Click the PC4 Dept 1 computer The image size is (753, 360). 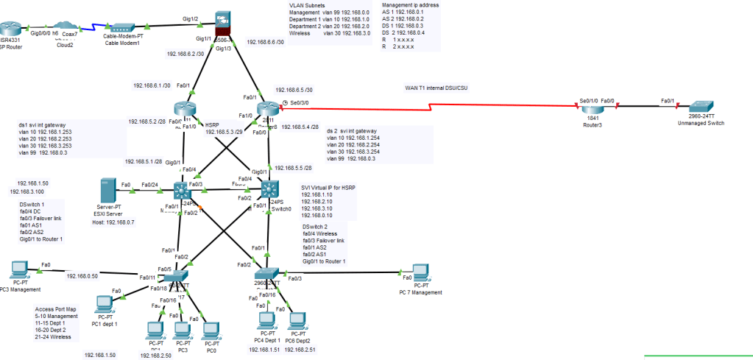tap(265, 320)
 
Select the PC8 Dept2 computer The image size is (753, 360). tap(296, 320)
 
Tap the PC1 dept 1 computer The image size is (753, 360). tap(107, 305)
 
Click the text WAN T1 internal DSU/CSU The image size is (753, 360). tap(436, 88)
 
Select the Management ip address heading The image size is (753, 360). tap(411, 4)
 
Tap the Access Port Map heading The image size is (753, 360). tap(55, 309)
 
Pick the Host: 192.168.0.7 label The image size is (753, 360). tap(113, 222)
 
